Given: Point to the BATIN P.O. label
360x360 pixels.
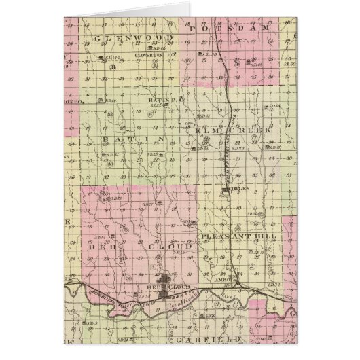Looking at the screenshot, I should (x=158, y=99).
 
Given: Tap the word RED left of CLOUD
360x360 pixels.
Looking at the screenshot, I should (x=101, y=249).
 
